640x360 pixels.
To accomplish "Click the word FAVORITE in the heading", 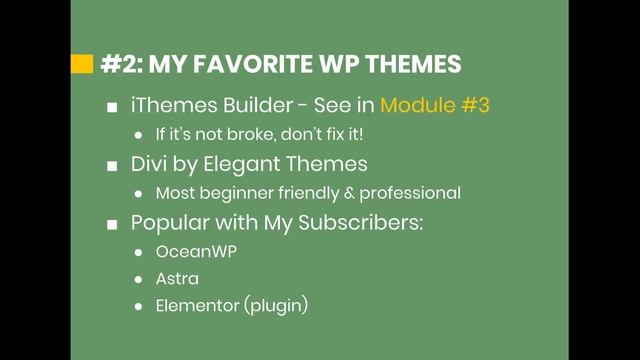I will click(248, 65).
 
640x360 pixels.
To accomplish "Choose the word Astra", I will click(176, 279).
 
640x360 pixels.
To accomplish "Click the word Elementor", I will click(197, 306).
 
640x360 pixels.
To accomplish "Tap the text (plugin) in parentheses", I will click(275, 306).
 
